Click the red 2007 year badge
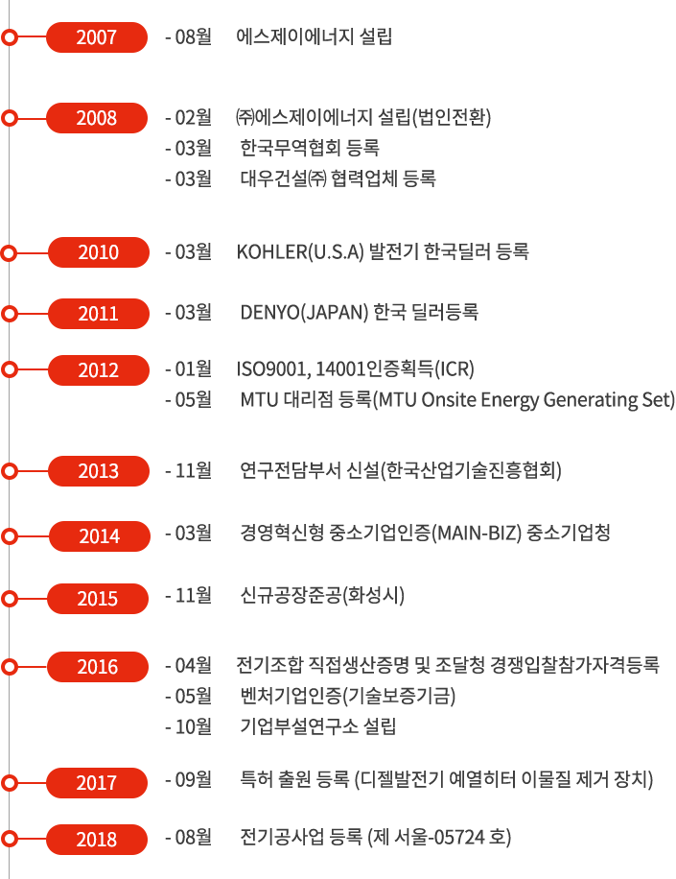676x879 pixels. [x=97, y=37]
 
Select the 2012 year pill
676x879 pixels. [x=99, y=370]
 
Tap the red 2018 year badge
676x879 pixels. [x=97, y=840]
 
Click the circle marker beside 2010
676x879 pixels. [x=9, y=252]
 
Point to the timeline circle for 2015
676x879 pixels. [x=9, y=599]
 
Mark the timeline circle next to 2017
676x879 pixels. [x=9, y=783]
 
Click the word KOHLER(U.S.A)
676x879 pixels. [x=300, y=252]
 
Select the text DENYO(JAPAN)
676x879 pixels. [x=304, y=312]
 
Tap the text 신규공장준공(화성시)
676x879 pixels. [x=322, y=595]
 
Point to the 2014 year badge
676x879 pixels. [x=100, y=536]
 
